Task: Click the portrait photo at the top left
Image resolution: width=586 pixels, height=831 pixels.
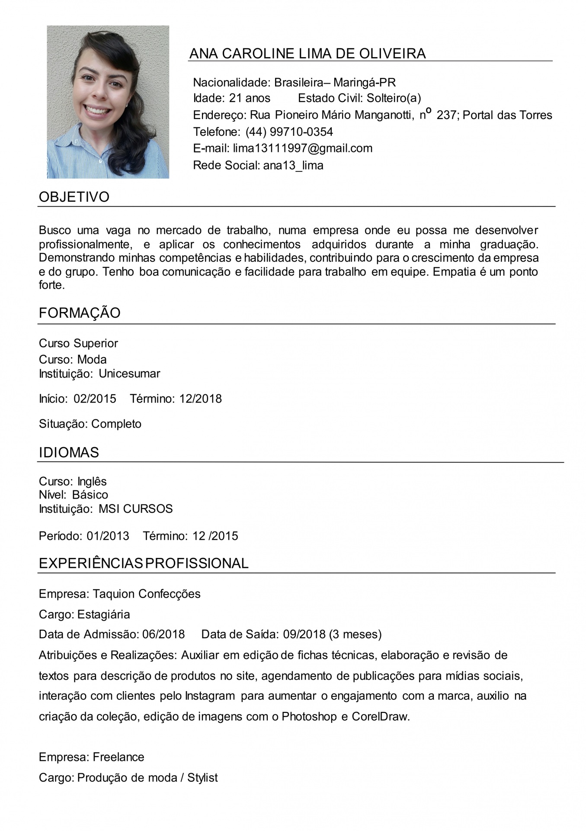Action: click(x=108, y=102)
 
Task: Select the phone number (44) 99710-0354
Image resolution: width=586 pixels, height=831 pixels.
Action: click(x=289, y=132)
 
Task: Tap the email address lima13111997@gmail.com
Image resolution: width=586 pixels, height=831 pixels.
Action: click(x=302, y=148)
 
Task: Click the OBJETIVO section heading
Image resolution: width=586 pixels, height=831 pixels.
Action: click(x=74, y=197)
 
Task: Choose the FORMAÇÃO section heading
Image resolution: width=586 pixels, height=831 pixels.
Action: click(x=80, y=313)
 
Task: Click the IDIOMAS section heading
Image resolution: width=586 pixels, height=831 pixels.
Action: click(x=69, y=452)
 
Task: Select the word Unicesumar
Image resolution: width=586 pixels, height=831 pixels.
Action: click(x=129, y=374)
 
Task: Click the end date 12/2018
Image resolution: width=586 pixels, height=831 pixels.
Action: click(x=200, y=399)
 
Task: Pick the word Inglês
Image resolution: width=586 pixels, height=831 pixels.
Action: click(x=92, y=481)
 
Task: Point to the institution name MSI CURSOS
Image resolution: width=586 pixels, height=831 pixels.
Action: click(x=135, y=509)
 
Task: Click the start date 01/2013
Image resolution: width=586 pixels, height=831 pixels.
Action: click(x=108, y=536)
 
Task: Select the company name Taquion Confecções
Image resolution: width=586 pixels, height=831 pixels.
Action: click(x=147, y=593)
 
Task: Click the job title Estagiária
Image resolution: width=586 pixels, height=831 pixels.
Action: click(x=103, y=614)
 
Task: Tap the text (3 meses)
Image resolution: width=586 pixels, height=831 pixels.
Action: click(x=355, y=635)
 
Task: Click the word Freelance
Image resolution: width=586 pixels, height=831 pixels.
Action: click(x=118, y=757)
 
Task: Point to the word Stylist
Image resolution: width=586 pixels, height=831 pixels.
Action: click(x=202, y=778)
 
